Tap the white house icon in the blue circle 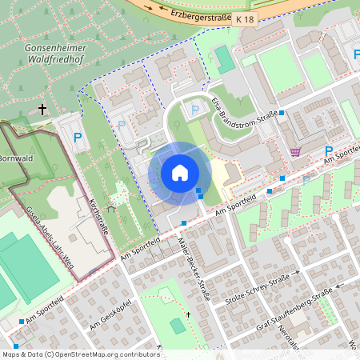[179, 173]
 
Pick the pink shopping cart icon [295, 151]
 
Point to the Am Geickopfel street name [110, 314]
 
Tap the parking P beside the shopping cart [328, 151]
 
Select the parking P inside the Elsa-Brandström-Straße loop [194, 110]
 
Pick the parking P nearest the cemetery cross [78, 138]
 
